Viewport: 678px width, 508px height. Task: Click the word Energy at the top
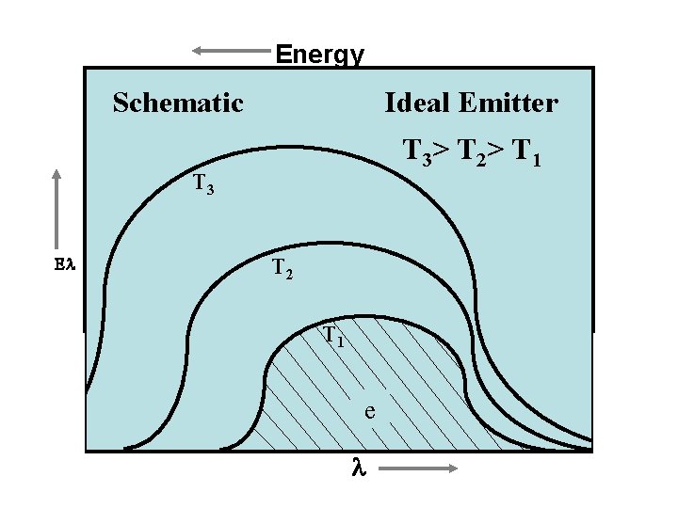tap(319, 55)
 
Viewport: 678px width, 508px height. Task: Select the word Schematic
tap(178, 103)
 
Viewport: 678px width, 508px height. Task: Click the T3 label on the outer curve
tap(202, 184)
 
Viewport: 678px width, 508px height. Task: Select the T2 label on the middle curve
tap(282, 270)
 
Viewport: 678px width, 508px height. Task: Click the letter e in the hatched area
tap(370, 411)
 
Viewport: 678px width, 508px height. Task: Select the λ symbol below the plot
tap(357, 468)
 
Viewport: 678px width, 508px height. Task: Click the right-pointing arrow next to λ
tap(422, 468)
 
